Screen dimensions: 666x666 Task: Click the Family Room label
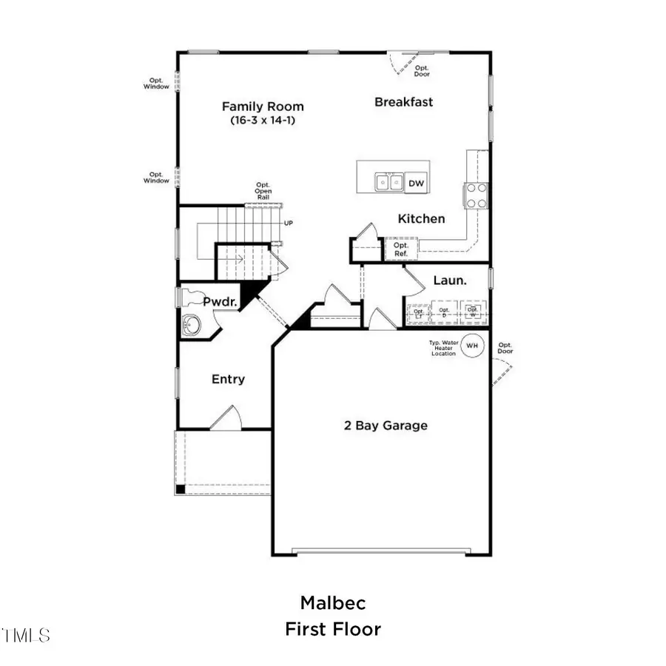tap(263, 107)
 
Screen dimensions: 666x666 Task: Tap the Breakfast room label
tap(403, 102)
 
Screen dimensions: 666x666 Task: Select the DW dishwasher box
tap(417, 183)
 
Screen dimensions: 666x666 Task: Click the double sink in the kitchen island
tap(388, 182)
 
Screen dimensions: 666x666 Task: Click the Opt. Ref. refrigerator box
tap(400, 249)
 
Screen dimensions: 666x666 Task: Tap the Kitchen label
tap(421, 219)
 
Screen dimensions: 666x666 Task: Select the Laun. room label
tap(449, 281)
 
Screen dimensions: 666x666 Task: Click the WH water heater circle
tap(471, 346)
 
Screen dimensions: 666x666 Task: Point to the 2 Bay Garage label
tap(385, 425)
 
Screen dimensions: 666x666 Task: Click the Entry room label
tap(228, 380)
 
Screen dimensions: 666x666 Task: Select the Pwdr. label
tap(220, 302)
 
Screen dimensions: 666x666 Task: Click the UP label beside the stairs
tap(289, 222)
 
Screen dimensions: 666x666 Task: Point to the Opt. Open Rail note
tap(263, 192)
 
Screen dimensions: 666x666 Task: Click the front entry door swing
tap(225, 419)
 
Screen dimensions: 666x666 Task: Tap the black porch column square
tap(180, 488)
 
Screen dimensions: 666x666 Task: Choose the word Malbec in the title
tap(333, 602)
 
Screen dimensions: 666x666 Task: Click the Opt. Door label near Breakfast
tap(422, 70)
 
